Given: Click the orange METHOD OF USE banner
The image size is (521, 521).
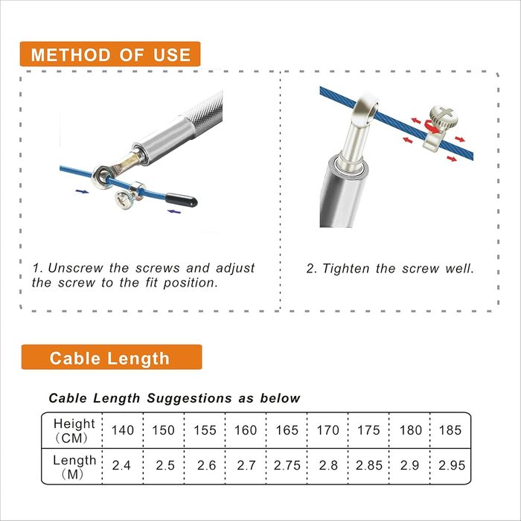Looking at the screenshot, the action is (x=110, y=54).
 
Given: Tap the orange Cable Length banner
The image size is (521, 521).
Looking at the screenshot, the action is (x=112, y=357).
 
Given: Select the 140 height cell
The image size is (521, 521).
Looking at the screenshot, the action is (x=123, y=430).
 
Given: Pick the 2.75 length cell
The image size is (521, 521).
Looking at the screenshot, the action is (x=287, y=465).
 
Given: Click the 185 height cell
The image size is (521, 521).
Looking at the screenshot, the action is (x=450, y=430).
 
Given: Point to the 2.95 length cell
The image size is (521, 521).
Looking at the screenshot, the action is (x=452, y=465).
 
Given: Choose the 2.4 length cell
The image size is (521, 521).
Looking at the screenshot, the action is (x=121, y=465).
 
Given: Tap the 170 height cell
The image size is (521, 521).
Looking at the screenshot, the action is (x=328, y=430).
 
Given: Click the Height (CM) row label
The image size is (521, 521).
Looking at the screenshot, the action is (x=74, y=431).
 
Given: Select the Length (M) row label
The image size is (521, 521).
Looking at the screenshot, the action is (x=74, y=467).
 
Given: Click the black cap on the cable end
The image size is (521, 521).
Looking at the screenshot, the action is (x=181, y=200).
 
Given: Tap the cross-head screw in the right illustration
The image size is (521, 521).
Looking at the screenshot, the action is (x=444, y=116).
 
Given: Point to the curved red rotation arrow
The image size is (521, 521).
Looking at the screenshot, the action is (x=431, y=127).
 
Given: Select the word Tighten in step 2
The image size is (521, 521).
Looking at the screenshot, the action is (x=345, y=269).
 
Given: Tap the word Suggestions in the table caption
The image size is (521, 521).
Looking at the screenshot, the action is (x=189, y=398).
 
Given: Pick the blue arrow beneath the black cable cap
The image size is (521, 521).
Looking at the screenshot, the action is (x=174, y=211).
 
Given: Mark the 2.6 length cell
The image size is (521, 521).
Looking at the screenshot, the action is (x=206, y=465).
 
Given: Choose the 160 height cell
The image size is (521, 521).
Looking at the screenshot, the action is (x=246, y=430).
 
